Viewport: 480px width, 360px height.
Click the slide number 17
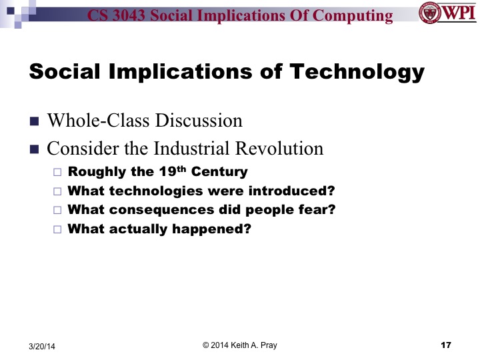coord(447,344)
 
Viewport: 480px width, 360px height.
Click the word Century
coord(221,171)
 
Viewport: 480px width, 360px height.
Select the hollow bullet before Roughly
coord(57,172)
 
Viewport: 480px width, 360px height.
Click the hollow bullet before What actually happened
coord(57,230)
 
